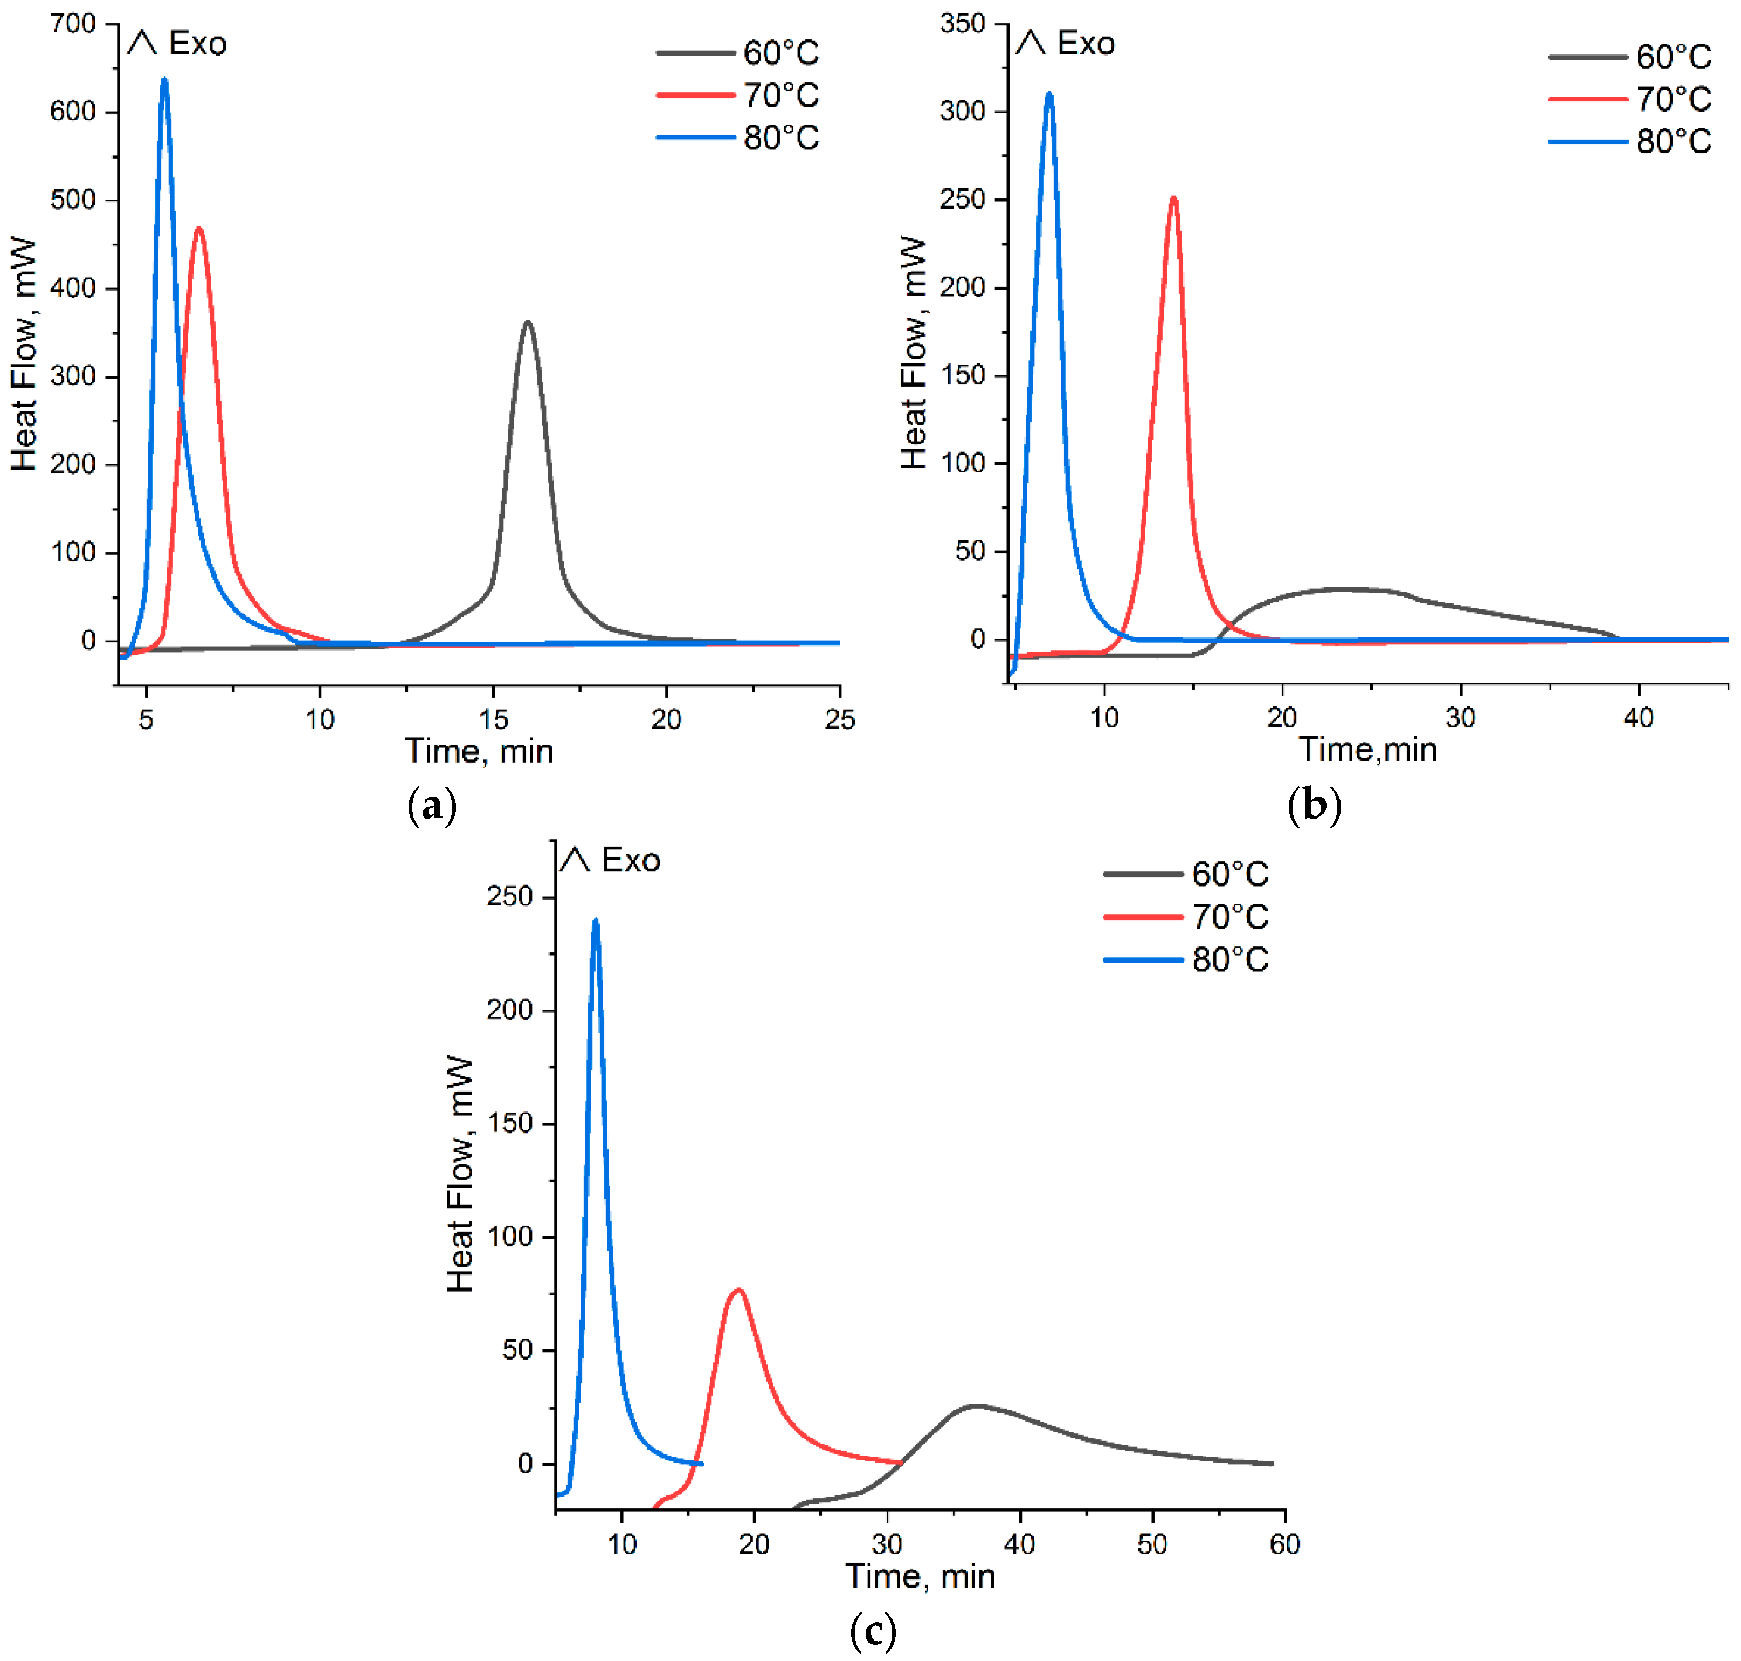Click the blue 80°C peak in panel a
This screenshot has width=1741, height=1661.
pos(164,80)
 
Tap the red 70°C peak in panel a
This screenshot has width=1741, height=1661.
pos(198,229)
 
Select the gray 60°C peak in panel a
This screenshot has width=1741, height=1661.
pos(528,323)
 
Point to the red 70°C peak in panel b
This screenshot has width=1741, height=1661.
pos(1173,199)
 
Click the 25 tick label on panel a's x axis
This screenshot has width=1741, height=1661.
pos(839,720)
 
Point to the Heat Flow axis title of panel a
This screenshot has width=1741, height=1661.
pos(24,354)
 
